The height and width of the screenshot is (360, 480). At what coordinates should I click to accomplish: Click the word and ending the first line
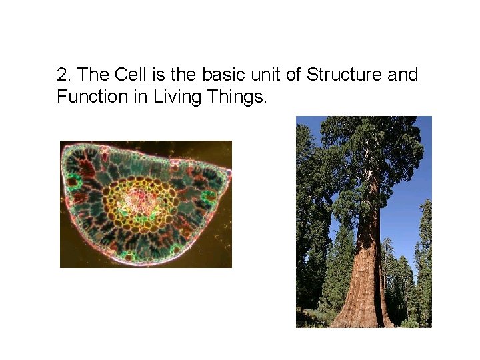pyautogui.click(x=403, y=75)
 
